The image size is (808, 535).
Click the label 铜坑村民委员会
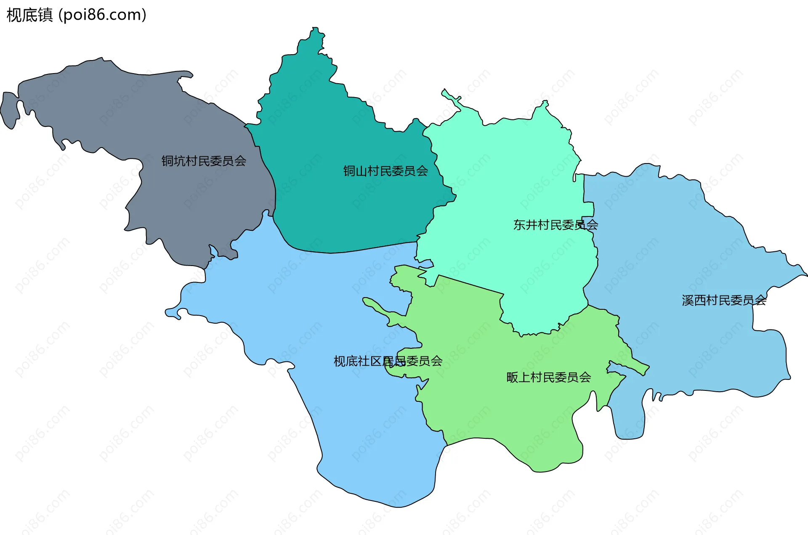click(204, 161)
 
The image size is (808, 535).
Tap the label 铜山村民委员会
click(385, 171)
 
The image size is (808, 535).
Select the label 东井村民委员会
click(555, 225)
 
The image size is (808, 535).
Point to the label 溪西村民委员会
click(724, 300)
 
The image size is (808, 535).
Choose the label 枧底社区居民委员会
click(388, 361)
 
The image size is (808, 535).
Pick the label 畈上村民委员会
click(548, 377)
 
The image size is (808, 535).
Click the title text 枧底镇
click(30, 15)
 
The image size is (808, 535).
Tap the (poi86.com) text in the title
click(102, 15)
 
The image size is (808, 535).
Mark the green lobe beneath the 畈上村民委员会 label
click(547, 445)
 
